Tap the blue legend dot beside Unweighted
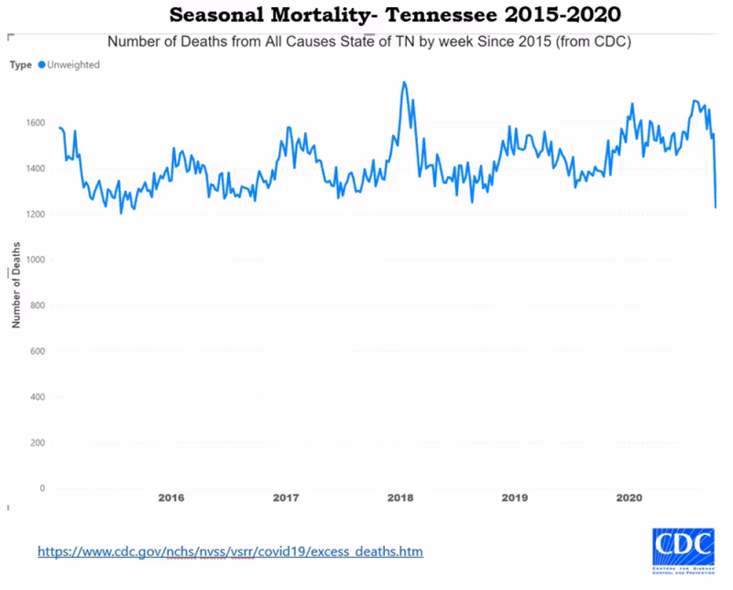(x=41, y=65)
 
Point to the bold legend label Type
(x=21, y=65)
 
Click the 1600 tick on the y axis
(x=35, y=123)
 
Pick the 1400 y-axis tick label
(x=35, y=169)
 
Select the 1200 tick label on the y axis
(x=35, y=215)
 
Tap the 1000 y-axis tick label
(x=35, y=261)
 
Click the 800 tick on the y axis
(x=38, y=306)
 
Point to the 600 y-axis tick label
(x=38, y=351)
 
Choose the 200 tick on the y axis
(x=38, y=443)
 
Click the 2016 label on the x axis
(x=171, y=498)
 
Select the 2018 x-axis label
(x=400, y=498)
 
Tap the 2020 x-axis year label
(x=629, y=498)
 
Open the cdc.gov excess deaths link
(x=230, y=551)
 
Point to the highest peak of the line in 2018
(x=404, y=82)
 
